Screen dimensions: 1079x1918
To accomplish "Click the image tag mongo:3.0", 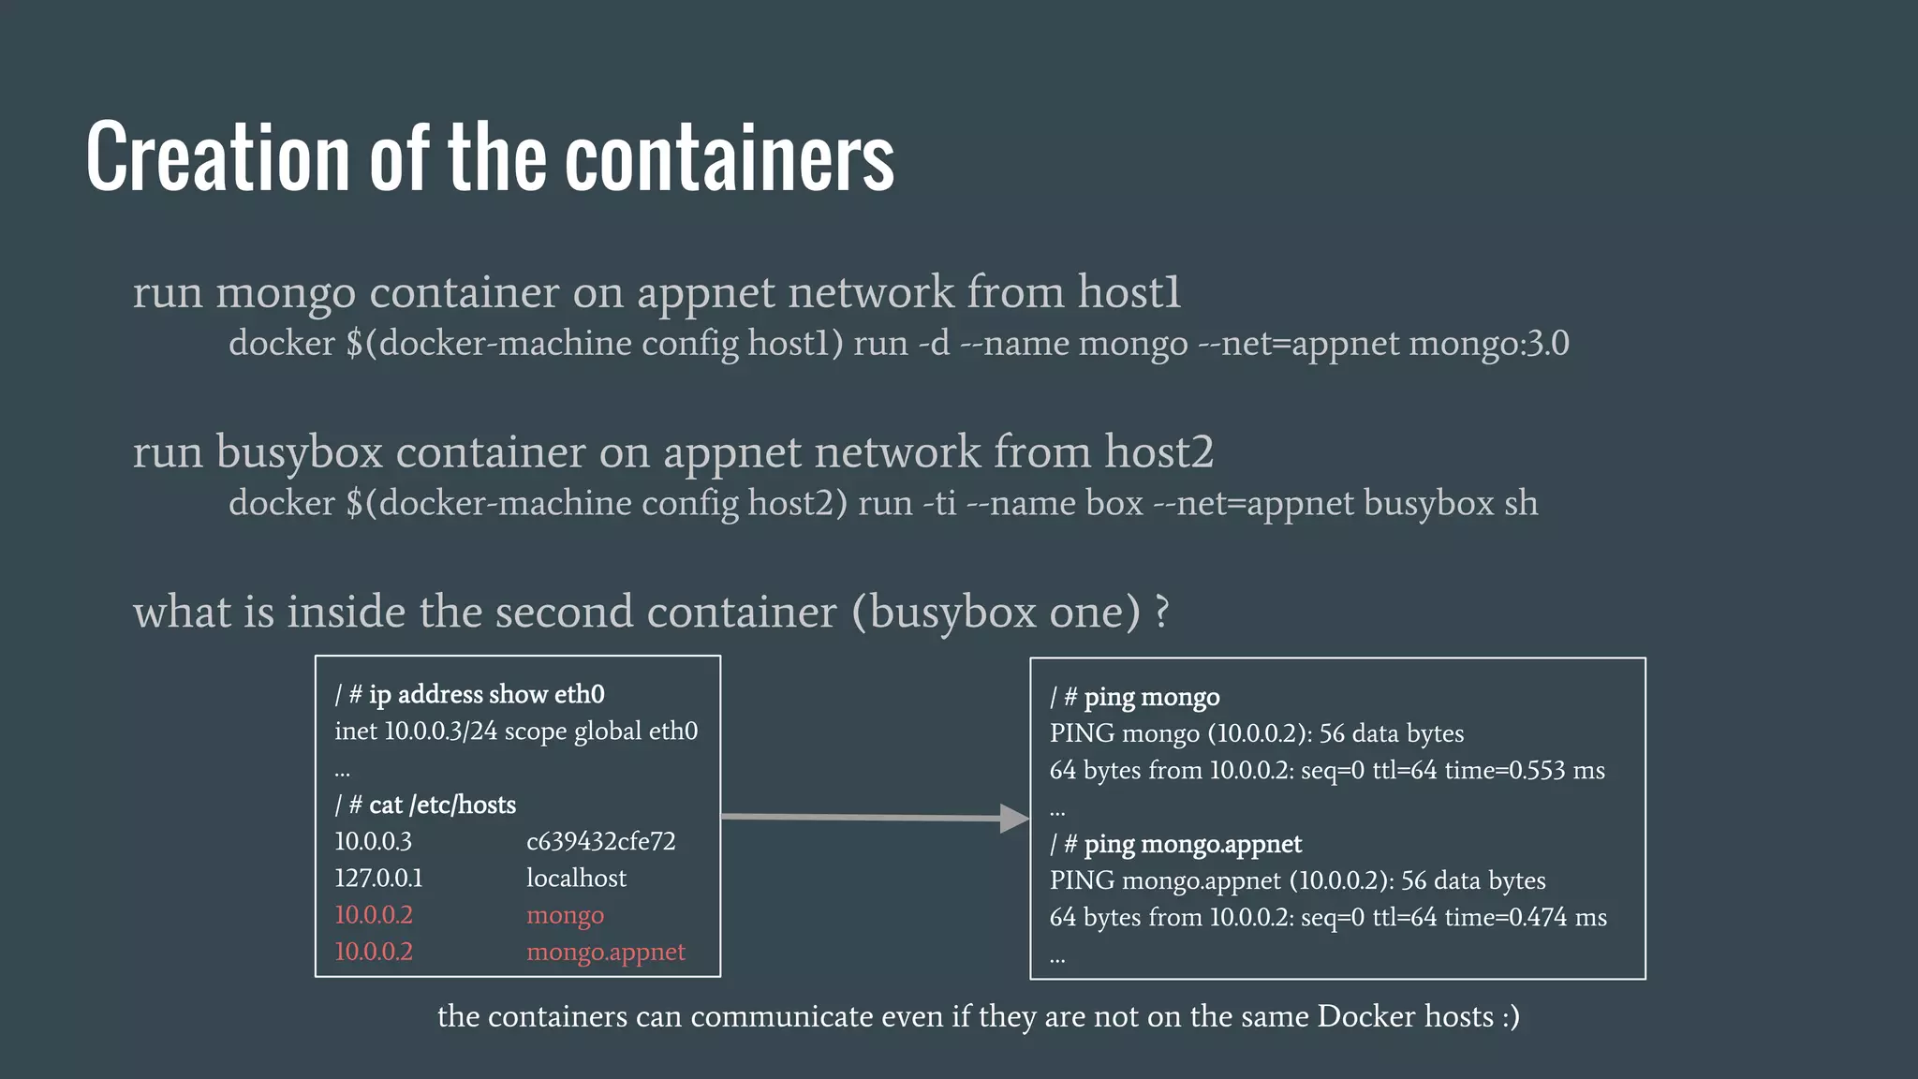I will [1489, 344].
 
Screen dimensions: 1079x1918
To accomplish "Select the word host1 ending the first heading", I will [1129, 292].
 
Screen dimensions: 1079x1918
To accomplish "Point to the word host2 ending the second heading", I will [1158, 452].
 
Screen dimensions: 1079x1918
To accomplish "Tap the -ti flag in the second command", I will [939, 504].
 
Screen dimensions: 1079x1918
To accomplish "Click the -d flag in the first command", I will [934, 344].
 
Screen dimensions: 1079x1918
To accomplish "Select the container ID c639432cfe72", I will [600, 841].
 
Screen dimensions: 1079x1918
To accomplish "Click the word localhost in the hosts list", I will [576, 878].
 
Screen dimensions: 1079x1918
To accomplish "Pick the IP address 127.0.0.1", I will [378, 878].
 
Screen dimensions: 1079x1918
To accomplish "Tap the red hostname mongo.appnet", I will [605, 952].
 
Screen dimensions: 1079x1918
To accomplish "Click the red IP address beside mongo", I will [374, 915].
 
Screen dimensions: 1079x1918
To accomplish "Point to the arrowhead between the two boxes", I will [1014, 818].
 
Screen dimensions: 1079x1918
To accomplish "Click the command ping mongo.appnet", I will [1192, 844].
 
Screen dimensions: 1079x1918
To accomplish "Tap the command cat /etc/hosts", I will [442, 805].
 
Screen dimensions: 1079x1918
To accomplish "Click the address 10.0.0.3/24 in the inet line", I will [440, 731].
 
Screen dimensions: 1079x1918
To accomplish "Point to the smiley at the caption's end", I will [1510, 1016].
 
